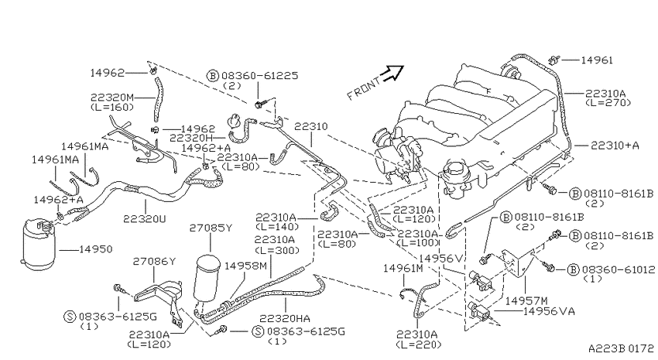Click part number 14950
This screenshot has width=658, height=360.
pyautogui.click(x=96, y=249)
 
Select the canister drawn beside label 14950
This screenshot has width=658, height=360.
pyautogui.click(x=38, y=243)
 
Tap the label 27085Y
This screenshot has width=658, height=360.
pyautogui.click(x=211, y=228)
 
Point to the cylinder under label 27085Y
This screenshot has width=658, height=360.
pyautogui.click(x=207, y=276)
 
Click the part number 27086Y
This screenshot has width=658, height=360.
pyautogui.click(x=154, y=262)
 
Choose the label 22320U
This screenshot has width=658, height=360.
pyautogui.click(x=145, y=218)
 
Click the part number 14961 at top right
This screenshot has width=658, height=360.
pyautogui.click(x=597, y=60)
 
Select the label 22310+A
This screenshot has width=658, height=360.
pyautogui.click(x=615, y=146)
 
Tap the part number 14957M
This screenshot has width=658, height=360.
pyautogui.click(x=526, y=301)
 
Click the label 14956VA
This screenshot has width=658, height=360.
pyautogui.click(x=550, y=311)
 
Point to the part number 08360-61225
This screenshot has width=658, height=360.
pyautogui.click(x=260, y=76)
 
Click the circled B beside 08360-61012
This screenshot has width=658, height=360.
pyautogui.click(x=573, y=269)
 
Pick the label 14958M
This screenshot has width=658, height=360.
pyautogui.click(x=245, y=266)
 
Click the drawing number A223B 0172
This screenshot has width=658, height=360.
pyautogui.click(x=621, y=348)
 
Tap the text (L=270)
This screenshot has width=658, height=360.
pyautogui.click(x=608, y=102)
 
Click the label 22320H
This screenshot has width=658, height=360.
pyautogui.click(x=192, y=138)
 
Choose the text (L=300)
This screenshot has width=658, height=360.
pyautogui.click(x=276, y=250)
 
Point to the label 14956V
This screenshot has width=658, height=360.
pyautogui.click(x=440, y=259)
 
